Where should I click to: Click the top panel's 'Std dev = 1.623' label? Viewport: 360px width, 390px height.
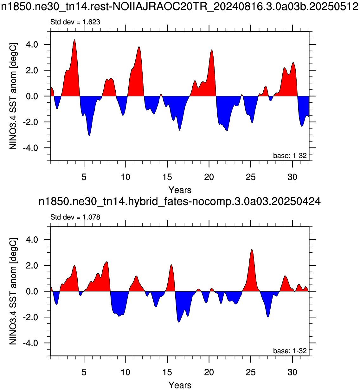[x=75, y=22]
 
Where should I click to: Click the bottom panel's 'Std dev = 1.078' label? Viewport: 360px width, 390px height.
[x=75, y=217]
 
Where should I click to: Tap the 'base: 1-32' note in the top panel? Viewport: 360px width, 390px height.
[x=290, y=156]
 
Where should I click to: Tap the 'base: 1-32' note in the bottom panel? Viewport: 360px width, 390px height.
[x=290, y=351]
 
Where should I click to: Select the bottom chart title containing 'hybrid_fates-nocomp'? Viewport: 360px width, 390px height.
[x=180, y=201]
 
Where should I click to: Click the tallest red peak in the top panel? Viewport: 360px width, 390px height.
[x=74, y=40]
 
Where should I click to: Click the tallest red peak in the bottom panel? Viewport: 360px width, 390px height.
[x=252, y=250]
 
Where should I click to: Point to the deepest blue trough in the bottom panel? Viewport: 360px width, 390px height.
[x=179, y=322]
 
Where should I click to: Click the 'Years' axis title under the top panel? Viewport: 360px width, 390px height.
[x=180, y=190]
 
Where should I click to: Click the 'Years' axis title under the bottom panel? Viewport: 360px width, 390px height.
[x=180, y=385]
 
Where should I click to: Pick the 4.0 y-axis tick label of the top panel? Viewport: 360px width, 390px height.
[x=32, y=45]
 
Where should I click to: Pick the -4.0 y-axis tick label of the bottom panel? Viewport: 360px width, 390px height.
[x=30, y=343]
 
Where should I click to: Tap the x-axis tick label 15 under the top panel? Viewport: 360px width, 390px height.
[x=167, y=177]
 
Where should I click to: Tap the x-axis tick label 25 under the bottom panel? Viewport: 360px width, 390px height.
[x=251, y=372]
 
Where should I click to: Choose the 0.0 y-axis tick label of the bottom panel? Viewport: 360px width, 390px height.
[x=32, y=291]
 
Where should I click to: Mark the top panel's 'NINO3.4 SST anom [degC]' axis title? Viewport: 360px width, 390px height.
[x=13, y=96]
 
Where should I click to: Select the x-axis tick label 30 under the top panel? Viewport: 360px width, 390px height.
[x=292, y=177]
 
